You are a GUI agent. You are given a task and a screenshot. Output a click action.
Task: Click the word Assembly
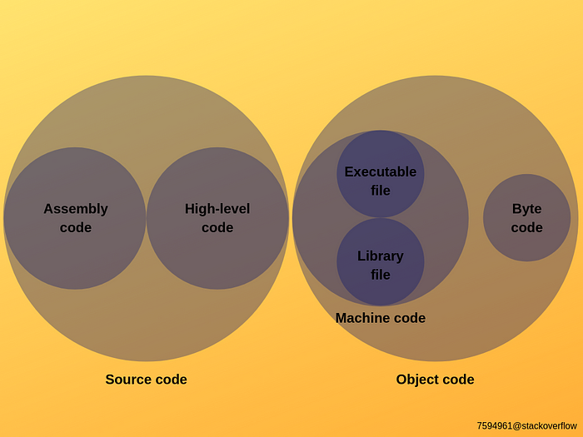point(75,209)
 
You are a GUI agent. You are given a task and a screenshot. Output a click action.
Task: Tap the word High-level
point(217,209)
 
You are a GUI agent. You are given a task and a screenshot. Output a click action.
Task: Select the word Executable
point(380,171)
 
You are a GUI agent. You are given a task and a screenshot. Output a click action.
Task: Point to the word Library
point(380,256)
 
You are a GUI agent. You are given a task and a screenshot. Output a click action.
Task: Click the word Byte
point(526,209)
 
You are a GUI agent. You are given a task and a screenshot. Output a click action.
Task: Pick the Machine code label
point(380,318)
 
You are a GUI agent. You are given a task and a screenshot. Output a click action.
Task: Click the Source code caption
point(146,380)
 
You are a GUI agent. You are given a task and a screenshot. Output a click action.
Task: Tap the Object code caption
point(435,380)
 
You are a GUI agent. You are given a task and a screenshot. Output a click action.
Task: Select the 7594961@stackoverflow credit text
point(526,425)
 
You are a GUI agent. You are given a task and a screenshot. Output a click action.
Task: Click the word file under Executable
point(380,191)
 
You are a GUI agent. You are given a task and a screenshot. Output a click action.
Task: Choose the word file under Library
point(380,275)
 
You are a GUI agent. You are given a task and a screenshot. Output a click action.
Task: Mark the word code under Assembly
point(75,228)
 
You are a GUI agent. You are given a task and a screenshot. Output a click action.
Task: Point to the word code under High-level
point(217,228)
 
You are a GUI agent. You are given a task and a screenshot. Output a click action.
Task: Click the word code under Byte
point(526,228)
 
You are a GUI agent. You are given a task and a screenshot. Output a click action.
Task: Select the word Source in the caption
point(127,380)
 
